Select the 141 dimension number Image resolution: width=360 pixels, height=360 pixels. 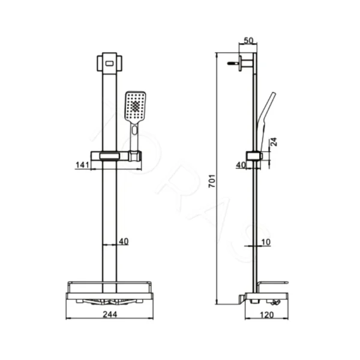(83, 165)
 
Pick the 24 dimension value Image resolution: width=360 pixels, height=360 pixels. (274, 142)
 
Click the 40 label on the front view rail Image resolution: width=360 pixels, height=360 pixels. (124, 242)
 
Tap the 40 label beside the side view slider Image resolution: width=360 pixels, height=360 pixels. (241, 165)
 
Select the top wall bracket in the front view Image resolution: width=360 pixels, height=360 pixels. (109, 62)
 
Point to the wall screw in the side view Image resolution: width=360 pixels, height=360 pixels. (233, 63)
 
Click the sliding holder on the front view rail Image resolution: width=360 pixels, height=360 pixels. (115, 156)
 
